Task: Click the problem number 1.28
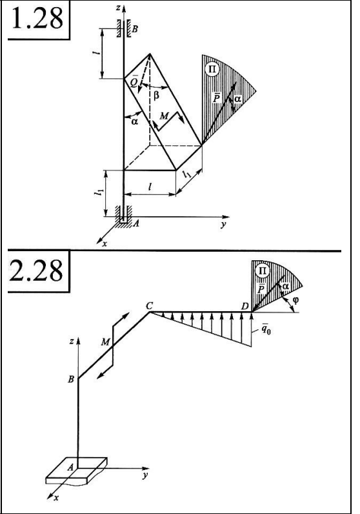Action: coord(37,18)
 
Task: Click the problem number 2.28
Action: coord(36,270)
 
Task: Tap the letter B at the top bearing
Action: coord(135,29)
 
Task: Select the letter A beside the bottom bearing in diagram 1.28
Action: coord(136,223)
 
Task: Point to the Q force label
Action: coord(133,81)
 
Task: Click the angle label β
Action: coord(156,96)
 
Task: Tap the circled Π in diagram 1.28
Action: coord(212,69)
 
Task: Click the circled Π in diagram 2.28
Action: coord(263,271)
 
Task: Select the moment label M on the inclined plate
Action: coord(164,116)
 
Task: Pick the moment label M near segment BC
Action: coord(105,342)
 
